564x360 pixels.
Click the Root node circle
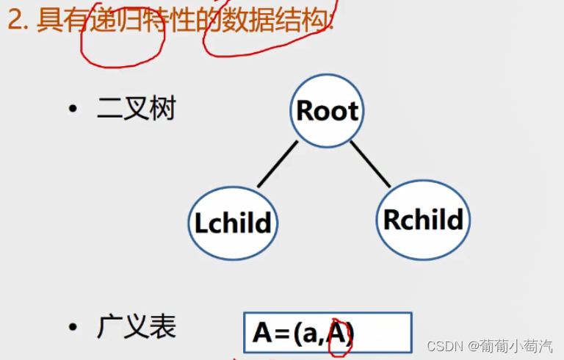(x=327, y=111)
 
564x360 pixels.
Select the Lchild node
(x=233, y=223)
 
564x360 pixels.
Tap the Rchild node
(x=423, y=220)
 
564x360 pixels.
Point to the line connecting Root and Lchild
(x=277, y=164)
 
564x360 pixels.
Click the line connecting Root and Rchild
(x=371, y=162)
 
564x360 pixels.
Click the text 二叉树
(x=136, y=109)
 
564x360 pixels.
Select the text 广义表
(x=136, y=327)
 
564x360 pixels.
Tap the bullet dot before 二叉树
(x=72, y=110)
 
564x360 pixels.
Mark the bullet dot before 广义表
(x=72, y=328)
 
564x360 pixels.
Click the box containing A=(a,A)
(x=328, y=333)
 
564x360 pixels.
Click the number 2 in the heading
(x=13, y=20)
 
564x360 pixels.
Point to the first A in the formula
(x=262, y=334)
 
